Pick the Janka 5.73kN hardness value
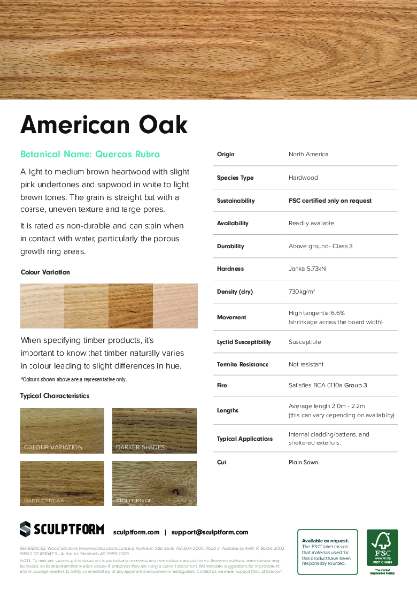pos(309,268)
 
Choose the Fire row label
pos(222,385)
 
